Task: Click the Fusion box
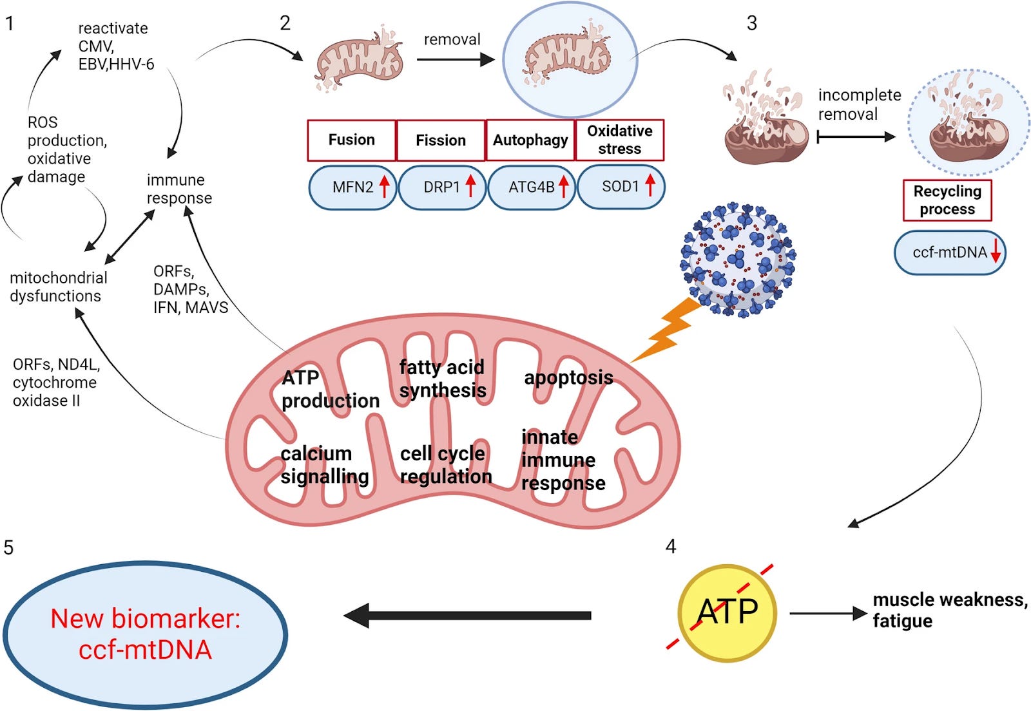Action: tap(352, 140)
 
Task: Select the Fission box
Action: tap(441, 140)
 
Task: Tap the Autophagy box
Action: tap(530, 140)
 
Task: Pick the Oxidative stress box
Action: tap(619, 140)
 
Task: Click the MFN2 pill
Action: tap(352, 187)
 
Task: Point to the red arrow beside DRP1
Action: tap(470, 185)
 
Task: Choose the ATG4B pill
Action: tap(532, 187)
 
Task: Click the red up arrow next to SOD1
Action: tap(650, 185)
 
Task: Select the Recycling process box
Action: tap(947, 200)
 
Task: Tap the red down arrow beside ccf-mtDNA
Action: tap(996, 251)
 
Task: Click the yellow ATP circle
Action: tap(727, 612)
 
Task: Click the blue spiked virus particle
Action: tap(738, 260)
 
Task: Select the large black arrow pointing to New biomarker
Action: tap(467, 615)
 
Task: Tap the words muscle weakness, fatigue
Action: tap(950, 611)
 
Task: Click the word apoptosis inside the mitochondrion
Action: tap(568, 378)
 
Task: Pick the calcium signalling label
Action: tap(325, 465)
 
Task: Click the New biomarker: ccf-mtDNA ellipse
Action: tap(146, 634)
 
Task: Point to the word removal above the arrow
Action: tap(452, 39)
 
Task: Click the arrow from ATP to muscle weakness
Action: tap(828, 614)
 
